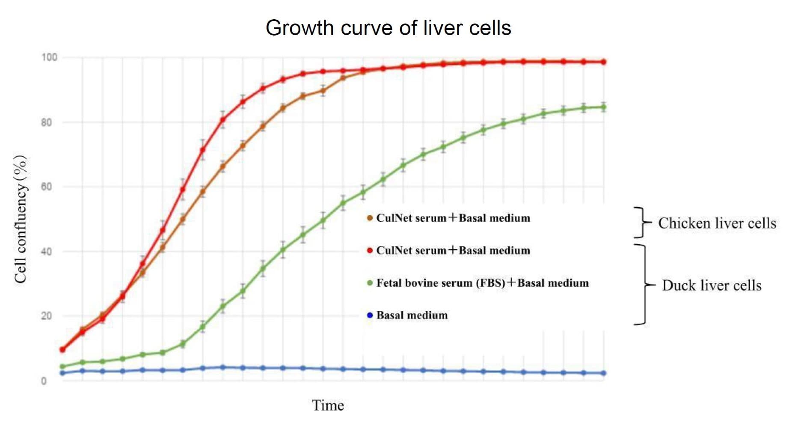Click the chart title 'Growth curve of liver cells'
[x=388, y=28]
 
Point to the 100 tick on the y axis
[x=49, y=57]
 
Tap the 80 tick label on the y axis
[x=46, y=122]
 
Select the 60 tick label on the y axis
[x=46, y=187]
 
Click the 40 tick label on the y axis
[x=46, y=252]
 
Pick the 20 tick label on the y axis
[x=46, y=316]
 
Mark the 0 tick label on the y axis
[x=44, y=381]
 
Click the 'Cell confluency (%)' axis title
[x=21, y=219]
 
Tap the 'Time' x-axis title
[x=328, y=405]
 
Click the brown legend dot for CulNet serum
[x=370, y=218]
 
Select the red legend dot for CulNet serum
[x=370, y=250]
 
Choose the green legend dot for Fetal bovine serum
[x=370, y=283]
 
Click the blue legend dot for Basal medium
[x=370, y=315]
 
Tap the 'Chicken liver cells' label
[x=717, y=223]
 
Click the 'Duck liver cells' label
[x=712, y=285]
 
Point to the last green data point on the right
[x=603, y=107]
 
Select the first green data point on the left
[x=62, y=367]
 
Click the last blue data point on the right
[x=603, y=373]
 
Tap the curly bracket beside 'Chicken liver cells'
[x=641, y=223]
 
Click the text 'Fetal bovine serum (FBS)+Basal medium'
[x=482, y=283]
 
